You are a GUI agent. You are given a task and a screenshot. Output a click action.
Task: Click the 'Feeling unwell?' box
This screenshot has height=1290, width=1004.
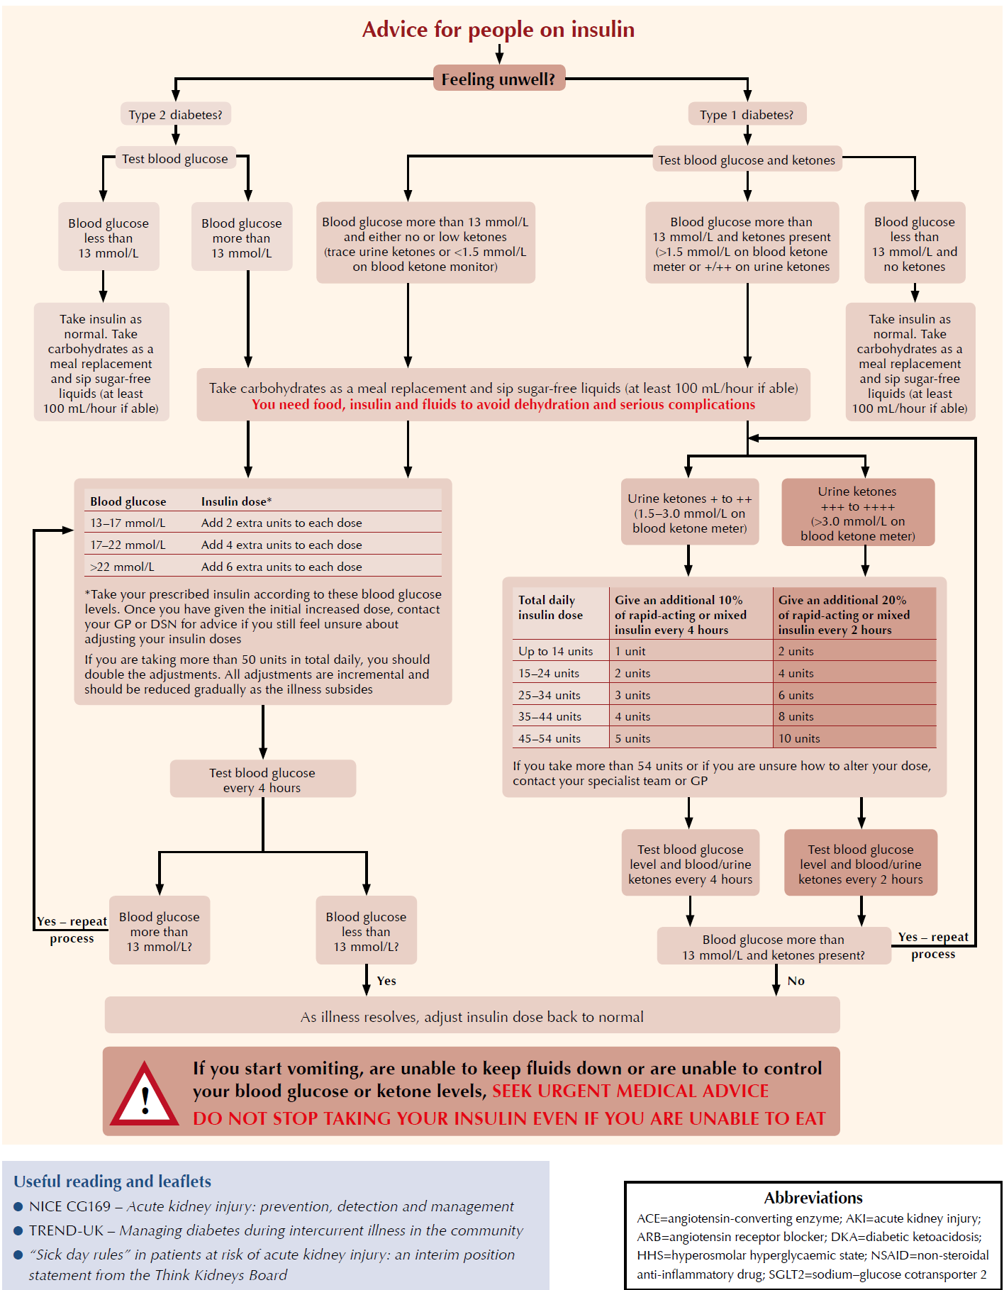498,79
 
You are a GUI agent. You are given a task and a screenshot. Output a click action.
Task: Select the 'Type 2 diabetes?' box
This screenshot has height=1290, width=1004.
175,115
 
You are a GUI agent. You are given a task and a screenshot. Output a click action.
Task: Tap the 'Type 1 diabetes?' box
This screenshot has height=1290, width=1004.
747,115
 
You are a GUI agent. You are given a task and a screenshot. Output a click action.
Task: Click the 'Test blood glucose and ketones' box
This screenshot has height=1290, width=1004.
747,160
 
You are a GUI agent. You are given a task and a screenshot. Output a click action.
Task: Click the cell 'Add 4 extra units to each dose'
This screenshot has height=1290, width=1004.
281,545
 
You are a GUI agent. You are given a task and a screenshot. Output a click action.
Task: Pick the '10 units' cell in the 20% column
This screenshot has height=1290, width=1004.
799,738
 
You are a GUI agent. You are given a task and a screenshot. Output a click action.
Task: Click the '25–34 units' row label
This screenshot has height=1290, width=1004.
549,695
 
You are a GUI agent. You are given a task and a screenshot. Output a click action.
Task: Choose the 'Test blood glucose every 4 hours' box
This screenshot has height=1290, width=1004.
262,780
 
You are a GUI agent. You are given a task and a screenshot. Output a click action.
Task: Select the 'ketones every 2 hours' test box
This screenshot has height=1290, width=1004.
860,864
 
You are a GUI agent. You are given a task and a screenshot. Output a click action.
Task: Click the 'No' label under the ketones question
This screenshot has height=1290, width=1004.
796,981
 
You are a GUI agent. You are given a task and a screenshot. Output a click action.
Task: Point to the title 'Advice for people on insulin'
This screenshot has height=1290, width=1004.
498,30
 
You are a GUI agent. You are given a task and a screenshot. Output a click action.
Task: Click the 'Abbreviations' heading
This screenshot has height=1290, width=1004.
813,1198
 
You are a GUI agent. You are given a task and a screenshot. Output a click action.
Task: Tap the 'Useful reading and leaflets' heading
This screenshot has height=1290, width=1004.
112,1181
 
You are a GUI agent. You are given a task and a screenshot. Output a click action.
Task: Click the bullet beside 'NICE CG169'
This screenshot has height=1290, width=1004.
18,1206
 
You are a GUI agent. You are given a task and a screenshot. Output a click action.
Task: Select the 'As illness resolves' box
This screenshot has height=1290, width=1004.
472,1017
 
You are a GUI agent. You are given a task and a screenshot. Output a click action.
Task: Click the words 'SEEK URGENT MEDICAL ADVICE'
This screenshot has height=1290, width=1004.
630,1091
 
